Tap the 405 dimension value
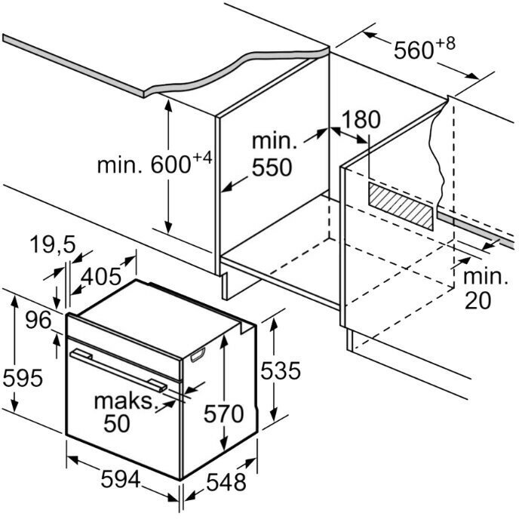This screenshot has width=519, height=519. click(x=100, y=277)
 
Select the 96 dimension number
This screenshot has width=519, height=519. click(x=36, y=320)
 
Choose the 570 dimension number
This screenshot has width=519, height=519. click(x=223, y=413)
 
